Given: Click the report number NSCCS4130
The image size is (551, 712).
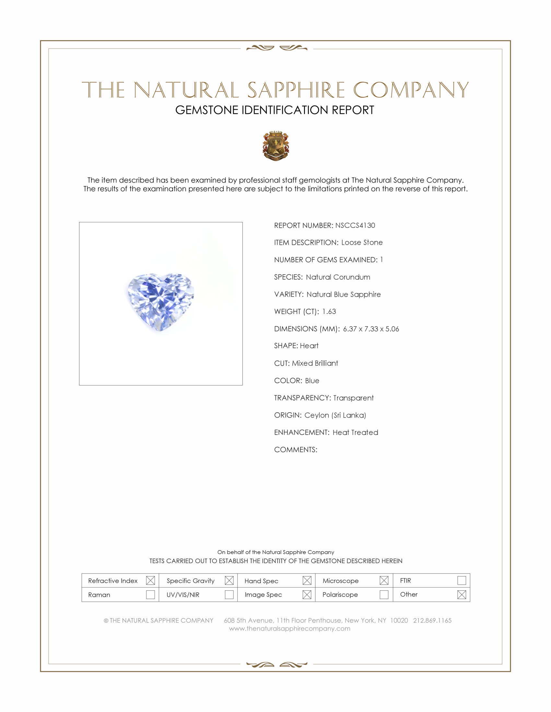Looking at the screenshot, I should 355,225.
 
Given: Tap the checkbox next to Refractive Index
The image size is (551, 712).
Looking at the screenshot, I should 150,580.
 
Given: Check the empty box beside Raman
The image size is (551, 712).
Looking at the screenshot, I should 150,594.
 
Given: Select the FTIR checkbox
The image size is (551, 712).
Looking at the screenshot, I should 461,580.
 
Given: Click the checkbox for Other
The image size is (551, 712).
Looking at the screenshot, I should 461,594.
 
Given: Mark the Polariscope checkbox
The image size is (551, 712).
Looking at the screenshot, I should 384,594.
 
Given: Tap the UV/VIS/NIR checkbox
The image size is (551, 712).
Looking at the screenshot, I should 229,594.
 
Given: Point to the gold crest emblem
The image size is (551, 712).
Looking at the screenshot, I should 276,146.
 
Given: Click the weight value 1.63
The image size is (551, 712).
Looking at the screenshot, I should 329,311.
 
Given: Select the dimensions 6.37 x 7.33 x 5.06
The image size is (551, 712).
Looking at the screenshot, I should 371,328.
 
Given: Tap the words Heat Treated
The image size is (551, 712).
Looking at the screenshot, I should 355,432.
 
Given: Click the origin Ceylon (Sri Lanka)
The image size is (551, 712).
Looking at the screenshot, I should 335,415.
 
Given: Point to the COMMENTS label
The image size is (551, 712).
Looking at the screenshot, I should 295,450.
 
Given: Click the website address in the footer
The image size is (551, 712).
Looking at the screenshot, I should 289,629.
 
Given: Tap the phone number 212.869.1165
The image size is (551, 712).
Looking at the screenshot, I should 432,620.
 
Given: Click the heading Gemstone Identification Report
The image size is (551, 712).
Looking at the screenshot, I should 275,110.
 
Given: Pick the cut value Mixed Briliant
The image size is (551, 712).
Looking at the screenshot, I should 315,363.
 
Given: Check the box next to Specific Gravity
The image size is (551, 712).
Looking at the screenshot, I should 229,580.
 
